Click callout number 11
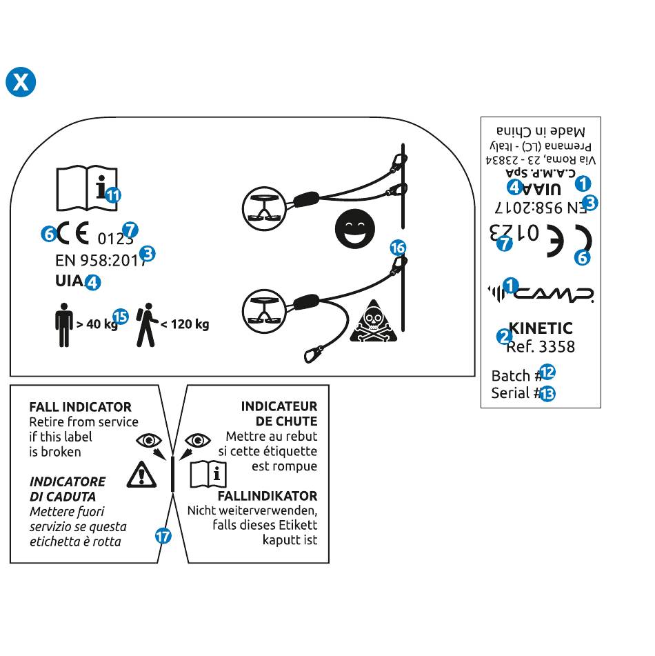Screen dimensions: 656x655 click(x=113, y=195)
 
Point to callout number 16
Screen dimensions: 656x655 click(x=398, y=248)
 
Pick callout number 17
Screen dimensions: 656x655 click(x=163, y=535)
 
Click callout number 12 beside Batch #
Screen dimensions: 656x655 click(x=547, y=372)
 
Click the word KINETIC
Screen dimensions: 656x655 click(x=541, y=328)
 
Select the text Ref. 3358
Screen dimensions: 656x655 click(x=541, y=346)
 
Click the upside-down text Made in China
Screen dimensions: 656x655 click(x=541, y=132)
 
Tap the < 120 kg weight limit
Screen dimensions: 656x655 click(x=185, y=324)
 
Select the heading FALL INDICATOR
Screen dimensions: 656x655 click(x=80, y=407)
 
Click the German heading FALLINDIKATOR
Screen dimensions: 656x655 click(x=268, y=496)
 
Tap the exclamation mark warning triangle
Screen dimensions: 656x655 click(x=142, y=474)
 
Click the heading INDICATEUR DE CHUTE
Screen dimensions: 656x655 click(x=279, y=414)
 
